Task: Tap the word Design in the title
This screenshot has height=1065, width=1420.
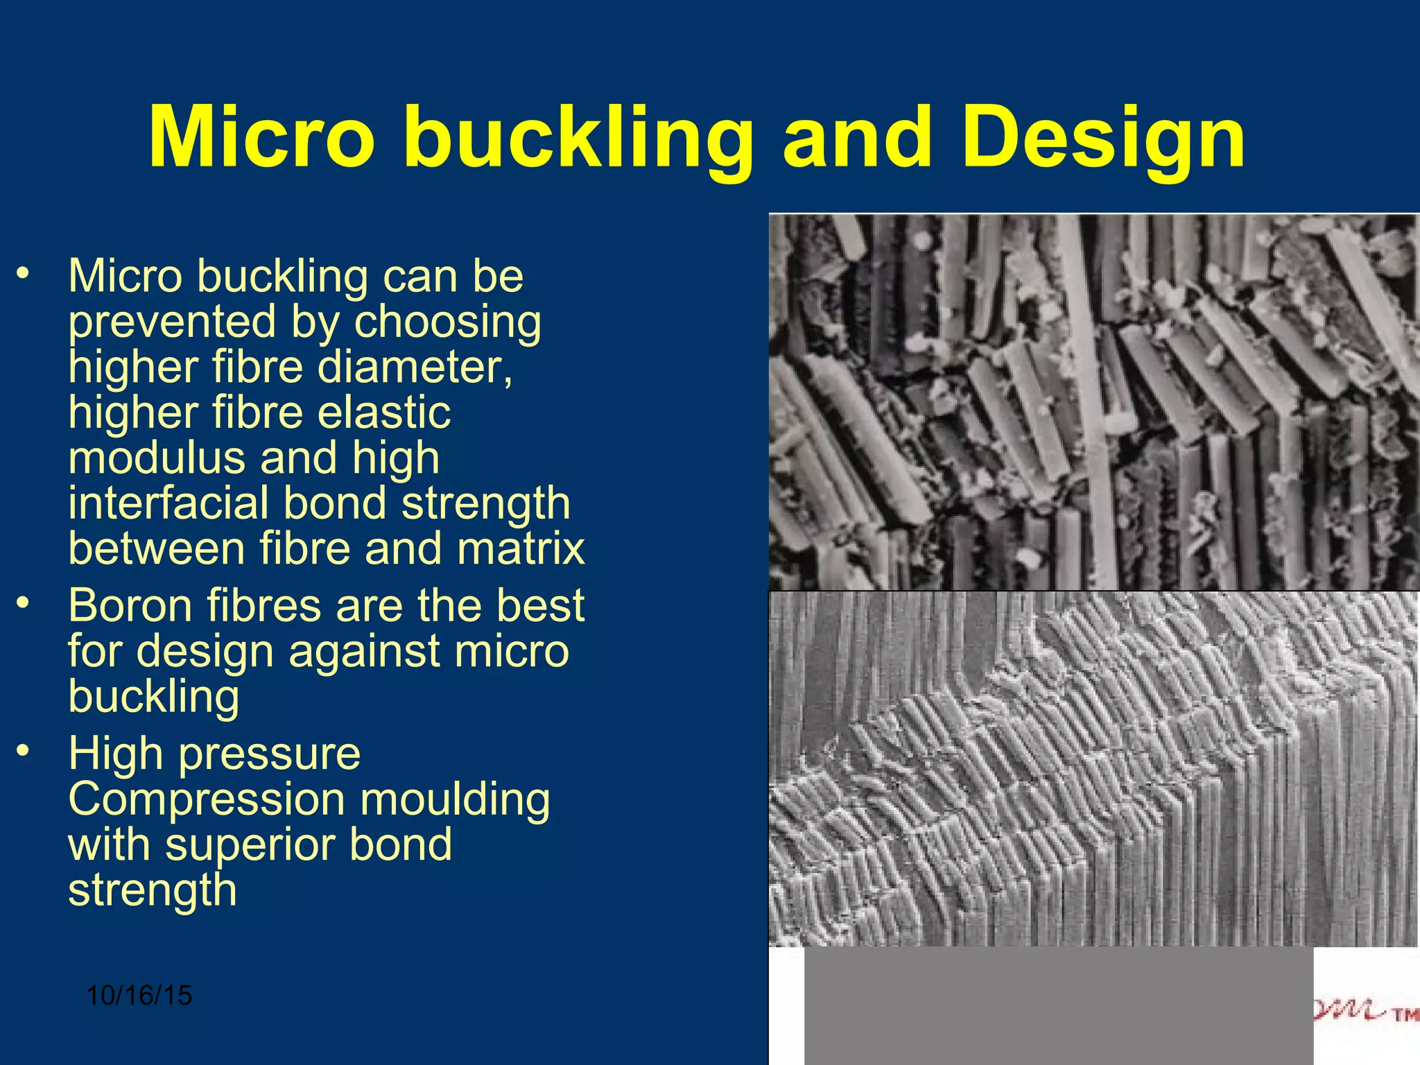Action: pos(1103,139)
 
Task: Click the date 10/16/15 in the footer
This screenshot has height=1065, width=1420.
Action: pos(139,996)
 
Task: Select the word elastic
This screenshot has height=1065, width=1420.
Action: pos(384,413)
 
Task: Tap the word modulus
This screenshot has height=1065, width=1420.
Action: pos(156,458)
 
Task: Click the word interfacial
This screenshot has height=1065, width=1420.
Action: pos(168,503)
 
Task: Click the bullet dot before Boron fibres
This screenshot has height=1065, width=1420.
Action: pos(24,603)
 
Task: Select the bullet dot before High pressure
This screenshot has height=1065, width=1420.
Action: pos(24,750)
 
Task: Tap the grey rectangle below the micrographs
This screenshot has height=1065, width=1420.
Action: pos(1058,1005)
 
